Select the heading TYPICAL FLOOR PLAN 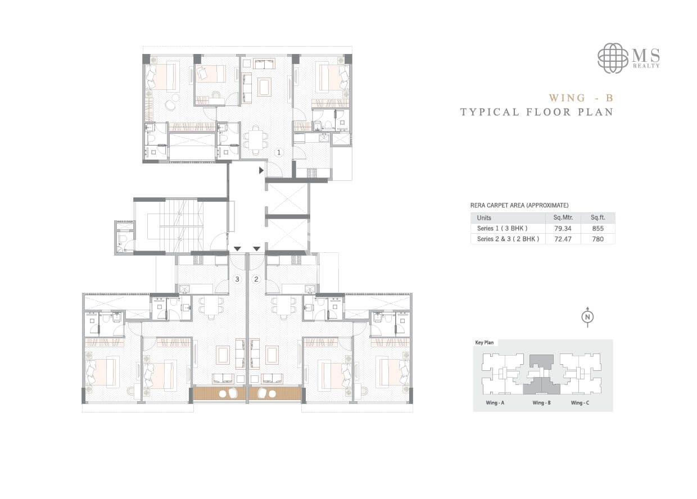tap(536, 112)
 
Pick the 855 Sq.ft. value tap(598, 229)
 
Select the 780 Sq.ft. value tap(598, 239)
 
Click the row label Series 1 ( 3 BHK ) tap(503, 229)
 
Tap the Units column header tap(484, 218)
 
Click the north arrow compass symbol tap(587, 317)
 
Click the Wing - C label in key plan tap(581, 403)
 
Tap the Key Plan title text tap(484, 342)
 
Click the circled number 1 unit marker tap(278, 152)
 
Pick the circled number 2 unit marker tap(256, 279)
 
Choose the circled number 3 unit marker tap(237, 279)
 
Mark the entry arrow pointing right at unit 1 tap(261, 170)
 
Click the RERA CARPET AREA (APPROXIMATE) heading tap(514, 206)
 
